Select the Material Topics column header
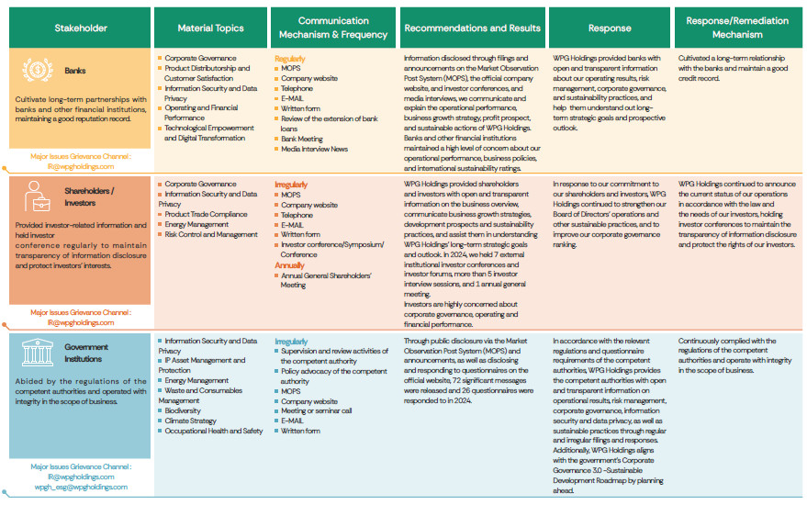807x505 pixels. (x=210, y=28)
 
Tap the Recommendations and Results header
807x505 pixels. (x=472, y=28)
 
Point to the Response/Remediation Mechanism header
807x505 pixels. (x=736, y=28)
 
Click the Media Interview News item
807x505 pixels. (x=314, y=148)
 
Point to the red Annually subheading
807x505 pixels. (x=290, y=265)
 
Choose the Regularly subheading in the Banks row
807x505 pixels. (x=290, y=58)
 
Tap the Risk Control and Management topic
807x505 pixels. (x=211, y=234)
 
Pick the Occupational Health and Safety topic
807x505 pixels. (x=214, y=431)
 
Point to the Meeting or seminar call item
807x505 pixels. (x=316, y=410)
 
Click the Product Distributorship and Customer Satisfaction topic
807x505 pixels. (x=207, y=73)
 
